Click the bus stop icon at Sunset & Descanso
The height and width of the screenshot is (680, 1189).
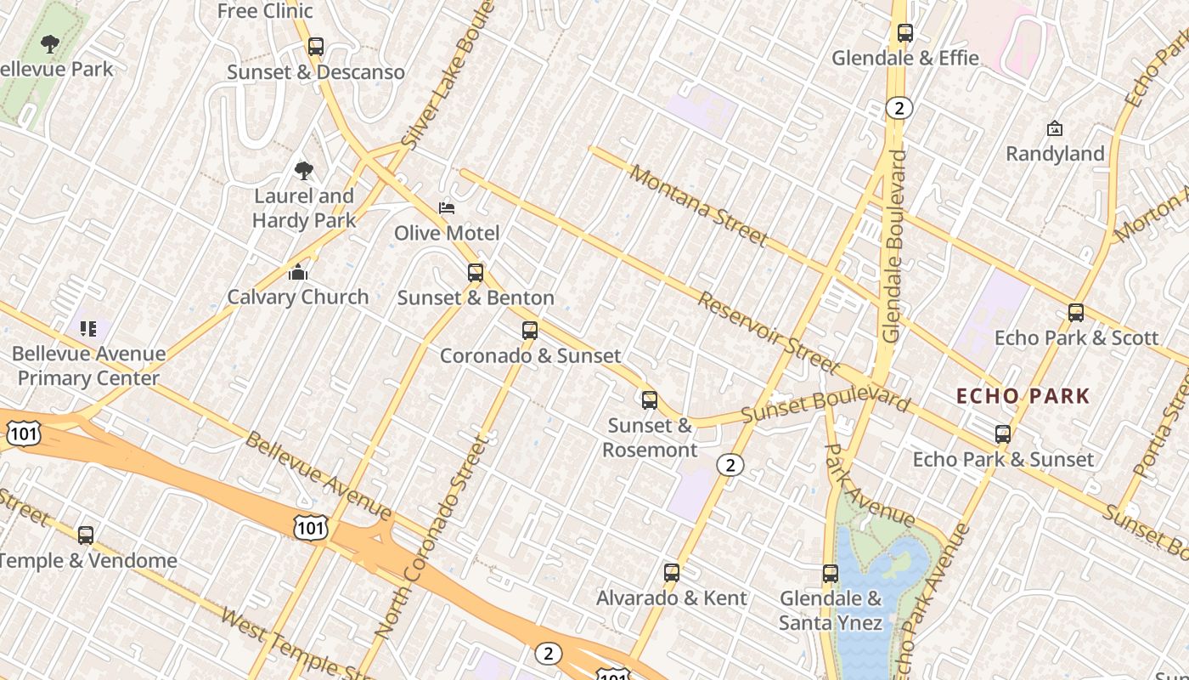tap(316, 47)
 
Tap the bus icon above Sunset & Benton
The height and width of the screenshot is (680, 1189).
tap(476, 273)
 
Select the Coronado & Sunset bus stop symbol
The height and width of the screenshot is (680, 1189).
tap(530, 331)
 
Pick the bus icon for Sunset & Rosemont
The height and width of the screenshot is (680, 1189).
tap(650, 399)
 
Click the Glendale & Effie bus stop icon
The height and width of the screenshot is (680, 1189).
tap(905, 33)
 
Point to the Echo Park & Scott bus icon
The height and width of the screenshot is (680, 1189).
tap(1076, 313)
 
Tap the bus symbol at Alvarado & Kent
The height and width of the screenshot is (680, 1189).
tap(672, 573)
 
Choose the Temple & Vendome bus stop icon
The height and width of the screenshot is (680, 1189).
tap(86, 535)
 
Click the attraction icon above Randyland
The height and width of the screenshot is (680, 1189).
tap(1055, 129)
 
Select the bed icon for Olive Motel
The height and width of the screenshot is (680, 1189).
tap(447, 208)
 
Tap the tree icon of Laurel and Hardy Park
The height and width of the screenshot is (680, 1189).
tap(303, 172)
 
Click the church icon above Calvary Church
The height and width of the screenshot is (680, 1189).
tap(297, 273)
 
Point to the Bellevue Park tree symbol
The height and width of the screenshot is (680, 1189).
tap(50, 44)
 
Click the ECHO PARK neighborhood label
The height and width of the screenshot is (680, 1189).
tap(1023, 396)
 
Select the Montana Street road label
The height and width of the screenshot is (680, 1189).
tap(699, 205)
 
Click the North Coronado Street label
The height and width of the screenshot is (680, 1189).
tap(432, 538)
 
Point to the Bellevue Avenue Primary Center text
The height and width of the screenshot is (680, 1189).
tap(88, 365)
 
